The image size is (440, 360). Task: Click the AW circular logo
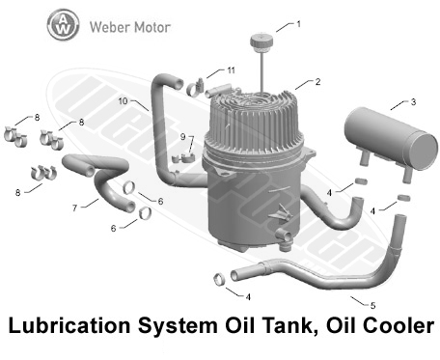[x=63, y=25]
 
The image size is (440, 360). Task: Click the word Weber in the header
[x=109, y=27]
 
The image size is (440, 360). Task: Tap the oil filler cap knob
[x=261, y=42]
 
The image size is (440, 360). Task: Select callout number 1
[x=299, y=24]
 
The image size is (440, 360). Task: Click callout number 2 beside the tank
[x=317, y=82]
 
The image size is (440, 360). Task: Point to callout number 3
[x=413, y=102]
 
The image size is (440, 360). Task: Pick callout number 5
[x=373, y=305]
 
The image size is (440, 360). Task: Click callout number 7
[x=74, y=208]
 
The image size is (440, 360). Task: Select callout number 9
[x=182, y=137]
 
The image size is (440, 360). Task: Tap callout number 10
[x=124, y=101]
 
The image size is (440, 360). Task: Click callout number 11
[x=231, y=70]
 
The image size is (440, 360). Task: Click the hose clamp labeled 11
[x=195, y=87]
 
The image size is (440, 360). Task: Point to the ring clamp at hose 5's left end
[x=220, y=279]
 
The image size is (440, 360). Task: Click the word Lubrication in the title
[x=69, y=325]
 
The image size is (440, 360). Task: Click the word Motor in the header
[x=152, y=27]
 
